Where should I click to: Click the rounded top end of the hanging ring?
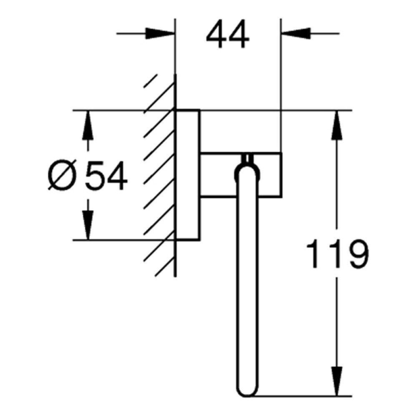click(x=247, y=168)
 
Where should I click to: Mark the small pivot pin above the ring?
click(x=248, y=158)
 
